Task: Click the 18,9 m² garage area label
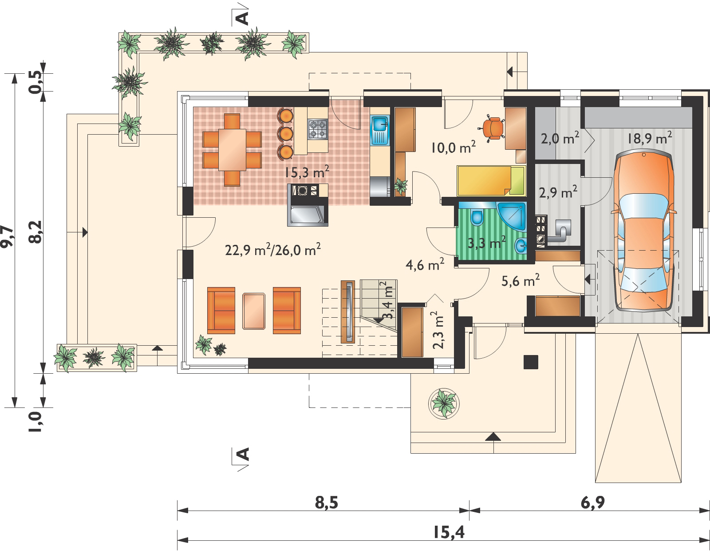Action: (x=649, y=138)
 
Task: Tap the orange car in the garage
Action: (x=643, y=231)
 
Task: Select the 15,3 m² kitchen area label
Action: (x=307, y=172)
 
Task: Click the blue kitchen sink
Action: (x=379, y=130)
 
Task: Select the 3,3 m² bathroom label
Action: (x=486, y=243)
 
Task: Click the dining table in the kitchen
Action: (x=233, y=150)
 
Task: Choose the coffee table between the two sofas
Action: (x=254, y=311)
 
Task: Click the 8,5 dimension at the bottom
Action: (x=326, y=503)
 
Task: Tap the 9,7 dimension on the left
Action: (x=7, y=236)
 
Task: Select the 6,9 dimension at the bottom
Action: (x=592, y=503)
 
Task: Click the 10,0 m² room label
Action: (x=454, y=148)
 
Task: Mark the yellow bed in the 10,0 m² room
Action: (x=491, y=180)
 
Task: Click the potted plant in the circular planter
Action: (x=443, y=404)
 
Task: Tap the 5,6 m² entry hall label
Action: (x=521, y=280)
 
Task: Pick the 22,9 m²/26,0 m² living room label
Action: (x=273, y=250)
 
